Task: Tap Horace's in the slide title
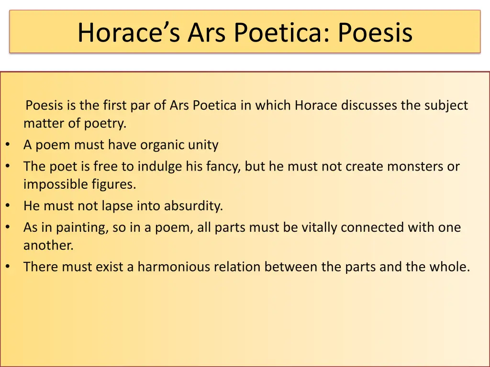128,32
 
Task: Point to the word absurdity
193,206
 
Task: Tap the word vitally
319,227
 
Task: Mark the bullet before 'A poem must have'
8,145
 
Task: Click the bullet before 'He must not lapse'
8,206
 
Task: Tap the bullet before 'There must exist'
8,267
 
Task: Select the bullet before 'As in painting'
8,227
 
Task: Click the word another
48,246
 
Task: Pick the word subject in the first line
446,106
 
